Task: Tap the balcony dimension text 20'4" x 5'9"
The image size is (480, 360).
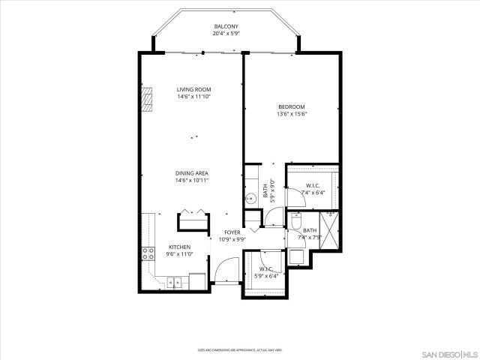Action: [225, 34]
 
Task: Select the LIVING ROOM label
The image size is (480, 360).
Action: [193, 89]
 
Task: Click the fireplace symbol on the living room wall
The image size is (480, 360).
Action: [148, 98]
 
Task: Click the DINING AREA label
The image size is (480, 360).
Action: [191, 173]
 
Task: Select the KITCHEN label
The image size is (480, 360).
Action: [179, 247]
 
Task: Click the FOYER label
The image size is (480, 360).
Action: [232, 232]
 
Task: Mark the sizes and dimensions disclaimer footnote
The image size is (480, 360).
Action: [240, 349]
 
